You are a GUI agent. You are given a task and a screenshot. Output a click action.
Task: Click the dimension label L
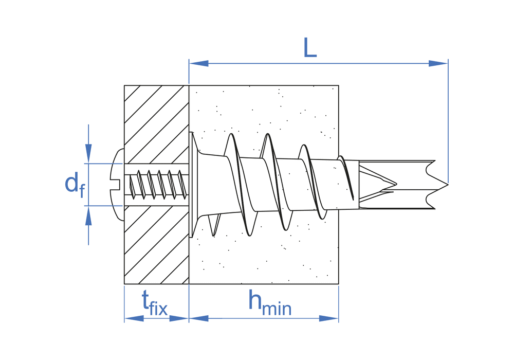309,47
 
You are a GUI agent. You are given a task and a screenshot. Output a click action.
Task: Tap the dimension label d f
74,185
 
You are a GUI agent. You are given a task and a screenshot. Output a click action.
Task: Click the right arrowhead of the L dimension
438,63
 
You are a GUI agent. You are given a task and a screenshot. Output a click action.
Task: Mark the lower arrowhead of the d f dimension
88,216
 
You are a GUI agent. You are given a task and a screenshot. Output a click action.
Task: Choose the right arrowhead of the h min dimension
328,318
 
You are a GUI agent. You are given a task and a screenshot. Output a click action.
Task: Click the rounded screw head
117,184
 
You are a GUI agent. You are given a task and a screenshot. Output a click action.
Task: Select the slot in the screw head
116,184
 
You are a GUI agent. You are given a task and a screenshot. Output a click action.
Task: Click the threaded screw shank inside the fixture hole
157,184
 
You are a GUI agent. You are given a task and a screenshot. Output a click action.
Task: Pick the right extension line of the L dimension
448,123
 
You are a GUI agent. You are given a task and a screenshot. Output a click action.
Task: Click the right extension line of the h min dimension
338,303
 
